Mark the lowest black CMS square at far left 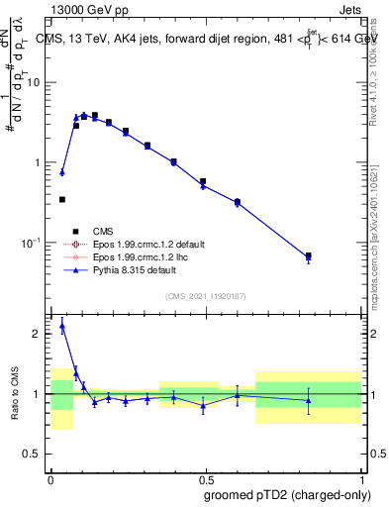pos(62,199)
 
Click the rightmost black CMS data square pos(308,255)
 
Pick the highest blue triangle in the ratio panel pos(62,324)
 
